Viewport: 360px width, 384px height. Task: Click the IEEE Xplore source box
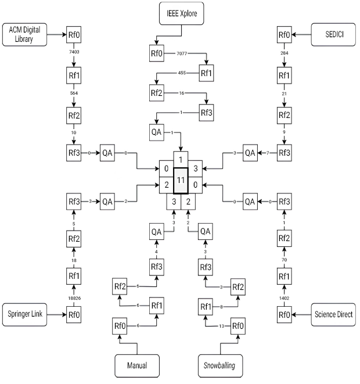coord(181,13)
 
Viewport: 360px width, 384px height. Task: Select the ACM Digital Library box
coord(24,35)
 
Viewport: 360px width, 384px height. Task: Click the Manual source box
coord(137,366)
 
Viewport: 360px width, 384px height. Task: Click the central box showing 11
coord(181,181)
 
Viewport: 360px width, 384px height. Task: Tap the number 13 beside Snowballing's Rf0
coord(221,325)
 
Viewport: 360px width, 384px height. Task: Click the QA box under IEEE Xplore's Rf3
coord(156,132)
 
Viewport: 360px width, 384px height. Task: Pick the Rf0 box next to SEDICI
coord(284,35)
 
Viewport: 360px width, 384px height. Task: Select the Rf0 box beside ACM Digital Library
coord(74,35)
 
